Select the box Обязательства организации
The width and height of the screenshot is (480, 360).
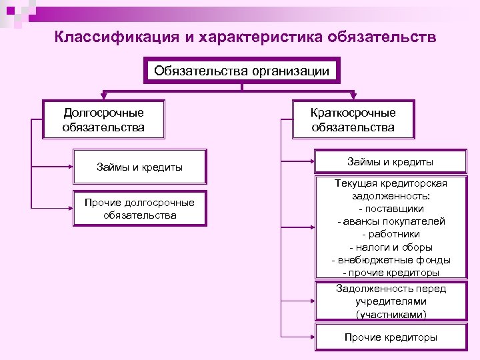(x=241, y=71)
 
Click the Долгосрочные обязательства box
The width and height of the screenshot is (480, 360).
(x=103, y=120)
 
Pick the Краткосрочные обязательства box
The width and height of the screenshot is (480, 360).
(x=353, y=120)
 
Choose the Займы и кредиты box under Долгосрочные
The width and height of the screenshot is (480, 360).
(x=139, y=167)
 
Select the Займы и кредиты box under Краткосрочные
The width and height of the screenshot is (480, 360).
(x=390, y=162)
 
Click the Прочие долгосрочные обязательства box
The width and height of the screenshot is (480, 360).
(x=139, y=209)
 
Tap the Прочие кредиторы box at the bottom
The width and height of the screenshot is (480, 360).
(x=391, y=337)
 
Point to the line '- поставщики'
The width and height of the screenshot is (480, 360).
(x=391, y=209)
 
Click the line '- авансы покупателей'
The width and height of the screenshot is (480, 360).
(x=391, y=222)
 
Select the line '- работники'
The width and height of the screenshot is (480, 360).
(x=391, y=235)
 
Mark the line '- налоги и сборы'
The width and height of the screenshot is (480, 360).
(x=391, y=247)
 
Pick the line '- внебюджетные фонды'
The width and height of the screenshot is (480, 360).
(x=391, y=260)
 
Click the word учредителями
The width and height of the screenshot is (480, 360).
(x=391, y=301)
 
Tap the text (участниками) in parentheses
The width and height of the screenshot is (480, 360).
(x=391, y=314)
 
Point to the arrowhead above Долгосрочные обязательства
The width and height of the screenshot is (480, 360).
(x=103, y=96)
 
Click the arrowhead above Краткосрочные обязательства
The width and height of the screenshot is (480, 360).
(x=353, y=96)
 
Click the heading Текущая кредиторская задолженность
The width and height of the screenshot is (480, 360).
(x=391, y=190)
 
